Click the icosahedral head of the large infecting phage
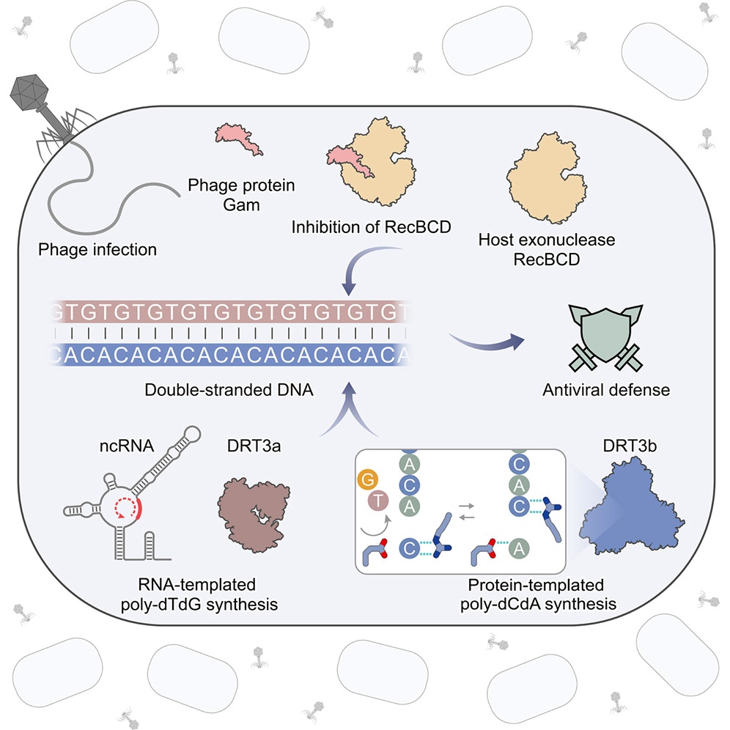pos(29,92)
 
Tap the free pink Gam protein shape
pos(238,139)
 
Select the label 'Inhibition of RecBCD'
pos(371,227)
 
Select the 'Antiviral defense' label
pos(606,390)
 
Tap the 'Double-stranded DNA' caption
pos(229,390)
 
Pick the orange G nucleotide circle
pos(368,479)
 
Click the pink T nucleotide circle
pos(378,501)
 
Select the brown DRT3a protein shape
pos(254,515)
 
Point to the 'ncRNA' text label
pos(127,446)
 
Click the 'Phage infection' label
pos(97,249)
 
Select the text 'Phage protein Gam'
pos(241,195)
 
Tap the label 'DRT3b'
pos(630,446)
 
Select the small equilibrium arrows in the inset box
pos(466,511)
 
